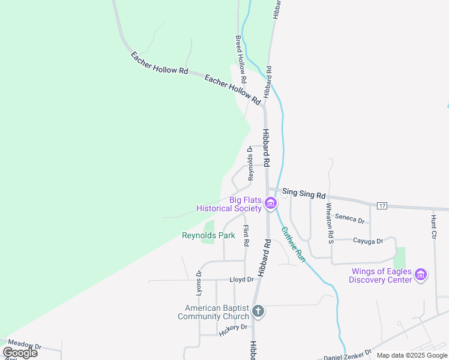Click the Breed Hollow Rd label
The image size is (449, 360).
tap(240, 59)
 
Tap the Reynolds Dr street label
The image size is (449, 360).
tap(250, 164)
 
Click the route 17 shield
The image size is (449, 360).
tap(382, 206)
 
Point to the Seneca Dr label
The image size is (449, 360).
tap(350, 218)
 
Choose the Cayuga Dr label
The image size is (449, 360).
tap(367, 241)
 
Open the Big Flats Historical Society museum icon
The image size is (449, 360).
tap(270, 205)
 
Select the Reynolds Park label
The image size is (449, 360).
tap(208, 236)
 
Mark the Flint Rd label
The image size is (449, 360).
tap(246, 236)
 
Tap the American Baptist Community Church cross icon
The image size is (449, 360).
tap(258, 311)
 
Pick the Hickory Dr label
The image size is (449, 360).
tap(234, 329)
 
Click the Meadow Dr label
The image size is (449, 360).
tap(25, 346)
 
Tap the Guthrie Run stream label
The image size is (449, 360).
tap(294, 245)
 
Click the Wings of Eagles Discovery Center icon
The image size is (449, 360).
tap(421, 275)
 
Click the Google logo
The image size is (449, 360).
tap(20, 353)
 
